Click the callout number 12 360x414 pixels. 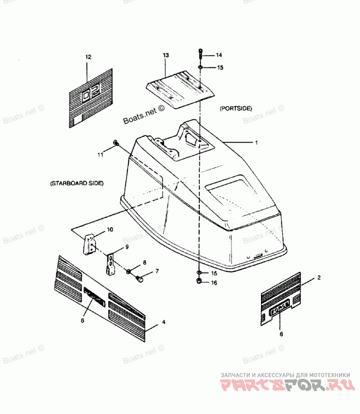pos(88,57)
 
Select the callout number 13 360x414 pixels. pos(166,55)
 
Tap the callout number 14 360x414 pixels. pos(219,55)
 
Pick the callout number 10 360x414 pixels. pos(110,229)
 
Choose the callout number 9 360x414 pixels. pos(126,247)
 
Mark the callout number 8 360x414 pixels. pos(144,262)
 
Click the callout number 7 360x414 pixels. pos(157,271)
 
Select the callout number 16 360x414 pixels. pos(214,283)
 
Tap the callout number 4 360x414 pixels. pos(164,322)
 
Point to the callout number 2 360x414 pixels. pos(319,278)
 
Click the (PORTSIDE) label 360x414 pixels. pos(235,108)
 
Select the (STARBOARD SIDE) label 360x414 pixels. pos(77,183)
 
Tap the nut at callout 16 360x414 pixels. pos(199,282)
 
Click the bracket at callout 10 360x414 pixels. pos(90,244)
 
